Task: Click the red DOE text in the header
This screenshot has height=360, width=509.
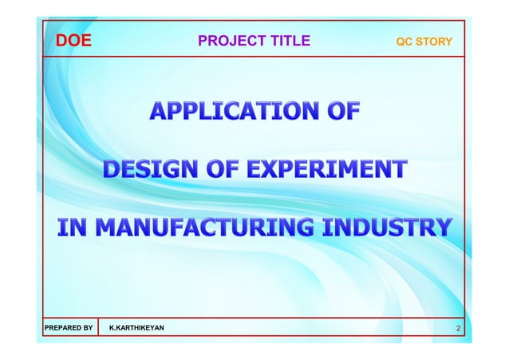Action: [73, 42]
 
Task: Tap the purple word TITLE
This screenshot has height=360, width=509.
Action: [288, 42]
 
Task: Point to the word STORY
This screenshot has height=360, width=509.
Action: [436, 42]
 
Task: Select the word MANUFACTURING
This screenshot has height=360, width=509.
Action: [199, 227]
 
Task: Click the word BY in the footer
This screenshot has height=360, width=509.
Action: [85, 328]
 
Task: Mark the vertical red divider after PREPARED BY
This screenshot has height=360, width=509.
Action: [99, 328]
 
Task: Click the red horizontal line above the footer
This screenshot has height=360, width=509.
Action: [254, 317]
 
